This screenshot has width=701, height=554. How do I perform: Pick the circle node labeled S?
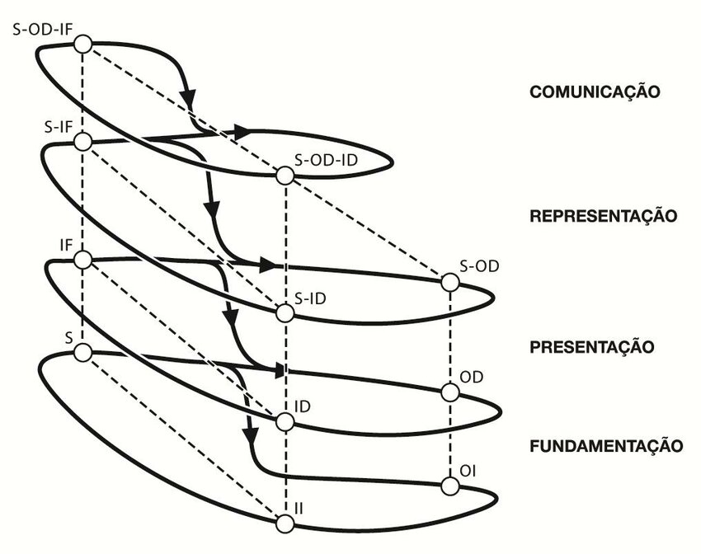coord(82,353)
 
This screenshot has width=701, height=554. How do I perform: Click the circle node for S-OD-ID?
coord(285,176)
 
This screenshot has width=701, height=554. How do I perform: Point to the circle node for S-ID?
coord(285,313)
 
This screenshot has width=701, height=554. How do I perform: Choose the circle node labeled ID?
coord(285,422)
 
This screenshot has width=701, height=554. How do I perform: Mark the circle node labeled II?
coord(285,523)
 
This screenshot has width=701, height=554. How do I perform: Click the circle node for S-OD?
coord(449,283)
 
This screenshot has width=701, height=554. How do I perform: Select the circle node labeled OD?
coord(449,392)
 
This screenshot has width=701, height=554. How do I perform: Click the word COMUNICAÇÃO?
coord(595,92)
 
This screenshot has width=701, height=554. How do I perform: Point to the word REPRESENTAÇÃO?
coord(603,217)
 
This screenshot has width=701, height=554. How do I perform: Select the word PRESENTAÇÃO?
coord(591,346)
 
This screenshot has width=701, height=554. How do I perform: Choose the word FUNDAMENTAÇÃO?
coord(605,446)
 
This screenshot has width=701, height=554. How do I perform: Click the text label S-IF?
coord(57,126)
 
